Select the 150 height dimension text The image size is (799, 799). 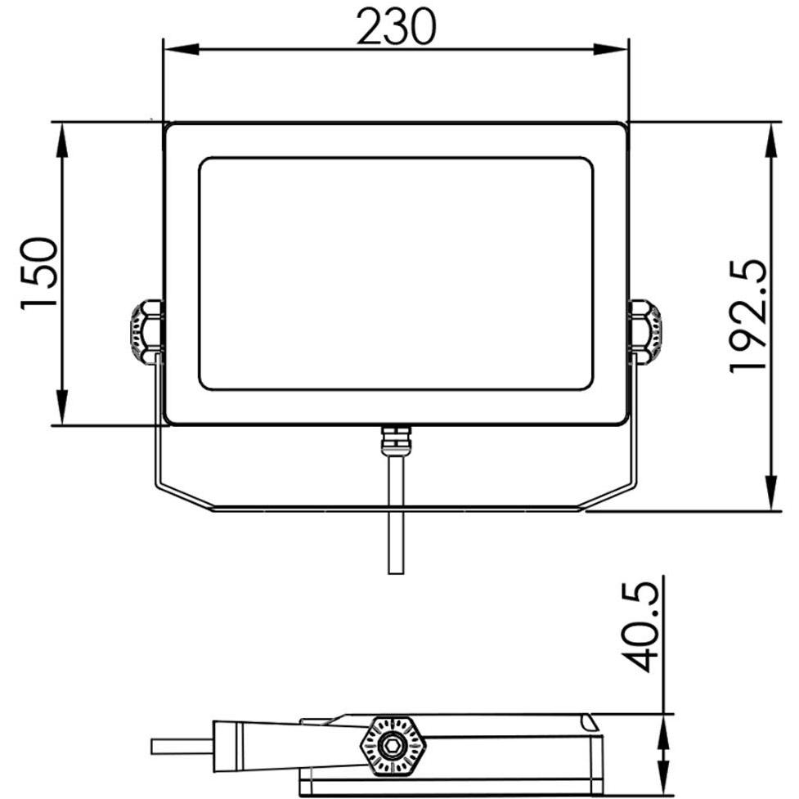click(39, 272)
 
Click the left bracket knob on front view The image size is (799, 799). click(145, 331)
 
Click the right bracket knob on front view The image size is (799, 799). click(646, 331)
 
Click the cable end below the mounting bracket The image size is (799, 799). click(395, 564)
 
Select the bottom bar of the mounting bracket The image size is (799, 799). click(396, 508)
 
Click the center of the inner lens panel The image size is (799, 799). click(396, 273)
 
